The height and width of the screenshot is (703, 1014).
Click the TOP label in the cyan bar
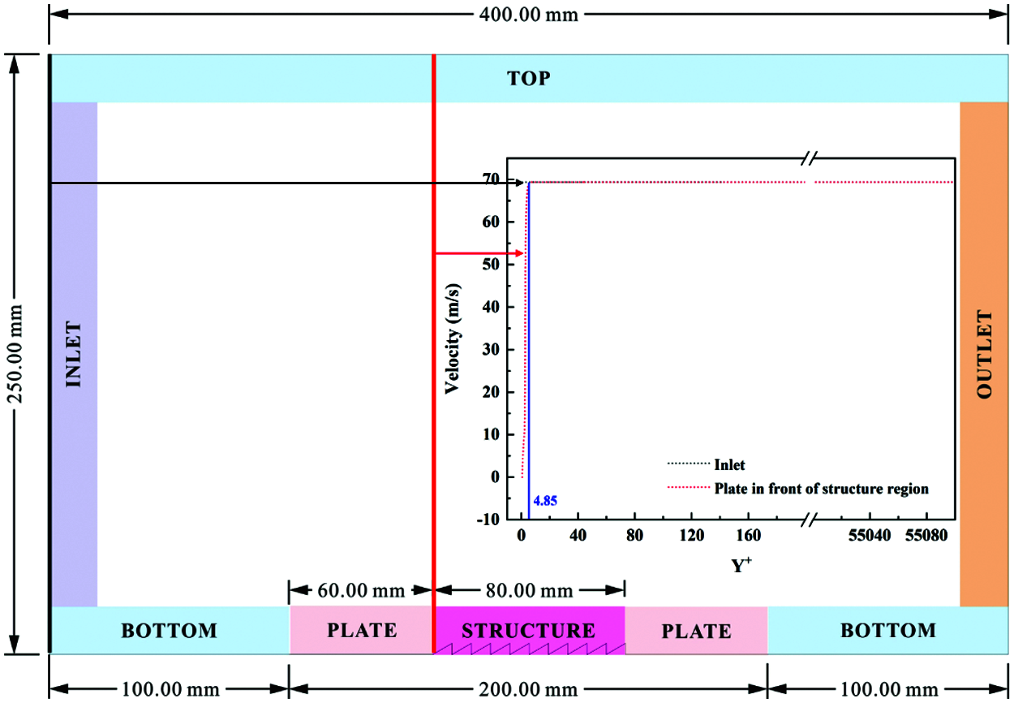click(528, 79)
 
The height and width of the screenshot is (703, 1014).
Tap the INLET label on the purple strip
click(74, 354)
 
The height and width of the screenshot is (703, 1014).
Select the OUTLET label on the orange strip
click(985, 354)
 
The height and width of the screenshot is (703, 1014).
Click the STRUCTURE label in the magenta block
click(528, 631)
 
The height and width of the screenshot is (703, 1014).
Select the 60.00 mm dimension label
click(360, 590)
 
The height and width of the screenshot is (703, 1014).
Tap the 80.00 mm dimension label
click(529, 590)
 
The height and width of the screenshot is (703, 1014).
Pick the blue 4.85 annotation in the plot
click(545, 500)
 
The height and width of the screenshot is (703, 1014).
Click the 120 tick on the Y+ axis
click(691, 536)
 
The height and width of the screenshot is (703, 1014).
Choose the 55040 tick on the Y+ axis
click(870, 536)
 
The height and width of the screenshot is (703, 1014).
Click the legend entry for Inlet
click(729, 465)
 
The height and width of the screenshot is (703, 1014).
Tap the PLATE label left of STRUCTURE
click(362, 631)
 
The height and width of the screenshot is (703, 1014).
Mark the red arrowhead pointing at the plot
click(517, 253)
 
